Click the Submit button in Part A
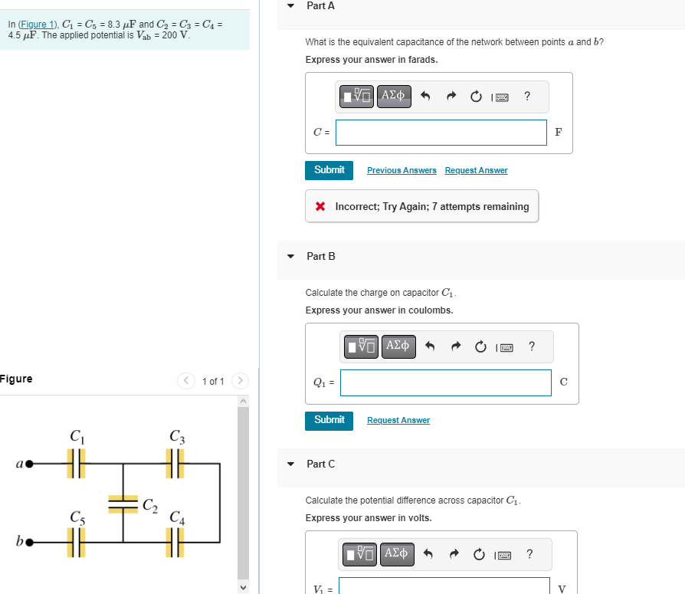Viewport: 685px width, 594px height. coord(329,170)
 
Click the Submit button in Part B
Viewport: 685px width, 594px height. coord(329,420)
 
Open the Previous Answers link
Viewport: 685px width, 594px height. coord(401,170)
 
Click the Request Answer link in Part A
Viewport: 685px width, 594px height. coord(476,170)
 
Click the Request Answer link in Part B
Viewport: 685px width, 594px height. coord(398,420)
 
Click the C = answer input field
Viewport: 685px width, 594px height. coord(441,132)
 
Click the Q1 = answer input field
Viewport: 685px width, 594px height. coord(445,382)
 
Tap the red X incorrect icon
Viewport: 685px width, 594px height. coord(320,207)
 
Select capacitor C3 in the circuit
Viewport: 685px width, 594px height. coord(176,463)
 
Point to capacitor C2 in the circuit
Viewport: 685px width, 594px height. coord(123,504)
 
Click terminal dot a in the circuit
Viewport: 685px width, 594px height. coord(30,464)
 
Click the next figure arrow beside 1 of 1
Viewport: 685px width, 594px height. coord(240,381)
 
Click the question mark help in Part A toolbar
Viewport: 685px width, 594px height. coord(526,96)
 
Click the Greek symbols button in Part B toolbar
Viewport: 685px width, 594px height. coord(397,346)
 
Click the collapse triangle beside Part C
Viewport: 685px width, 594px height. coord(290,464)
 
